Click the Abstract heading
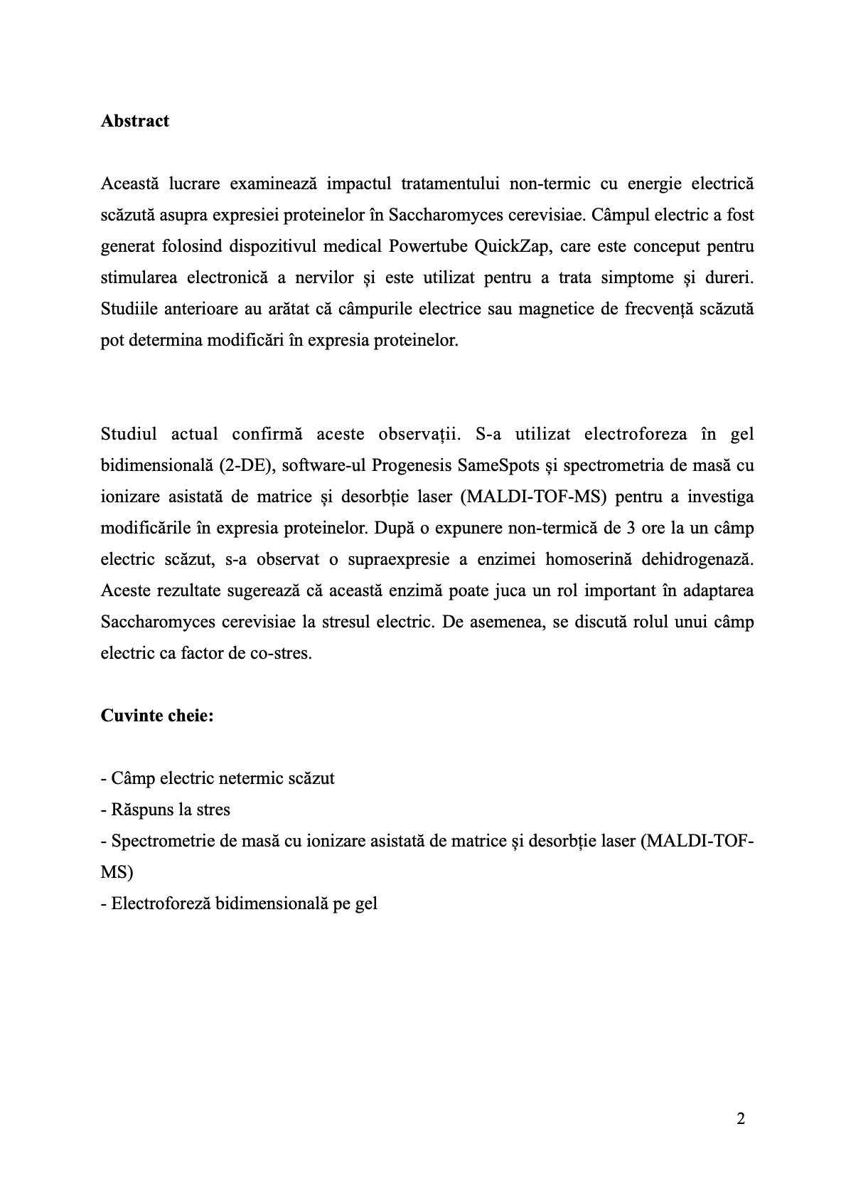(x=135, y=121)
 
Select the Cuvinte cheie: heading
(x=157, y=715)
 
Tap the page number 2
(x=741, y=1119)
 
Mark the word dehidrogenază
(x=697, y=559)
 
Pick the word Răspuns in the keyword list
(x=140, y=810)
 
